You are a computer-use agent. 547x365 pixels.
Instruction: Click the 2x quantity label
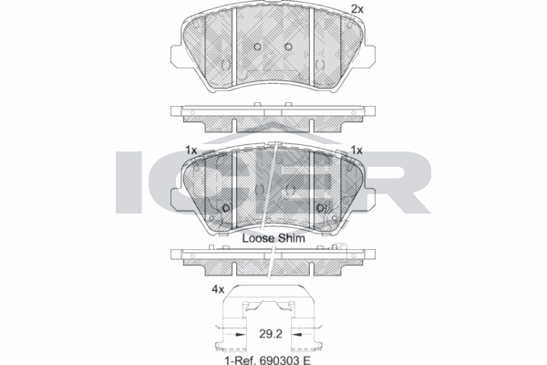tap(356, 9)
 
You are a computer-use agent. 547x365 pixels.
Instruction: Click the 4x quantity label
tap(218, 289)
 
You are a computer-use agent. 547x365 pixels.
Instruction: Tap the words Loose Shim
tap(273, 238)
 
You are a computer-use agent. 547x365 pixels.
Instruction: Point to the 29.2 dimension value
tap(271, 334)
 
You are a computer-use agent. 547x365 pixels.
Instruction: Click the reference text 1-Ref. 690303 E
tap(267, 360)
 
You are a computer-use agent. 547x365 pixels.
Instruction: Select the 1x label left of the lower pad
tap(191, 151)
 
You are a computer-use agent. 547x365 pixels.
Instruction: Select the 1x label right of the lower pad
tap(356, 151)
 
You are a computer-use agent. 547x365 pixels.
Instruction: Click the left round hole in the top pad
tap(257, 47)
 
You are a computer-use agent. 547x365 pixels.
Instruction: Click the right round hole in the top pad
tap(288, 47)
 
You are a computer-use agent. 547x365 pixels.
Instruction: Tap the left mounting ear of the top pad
tap(177, 57)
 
